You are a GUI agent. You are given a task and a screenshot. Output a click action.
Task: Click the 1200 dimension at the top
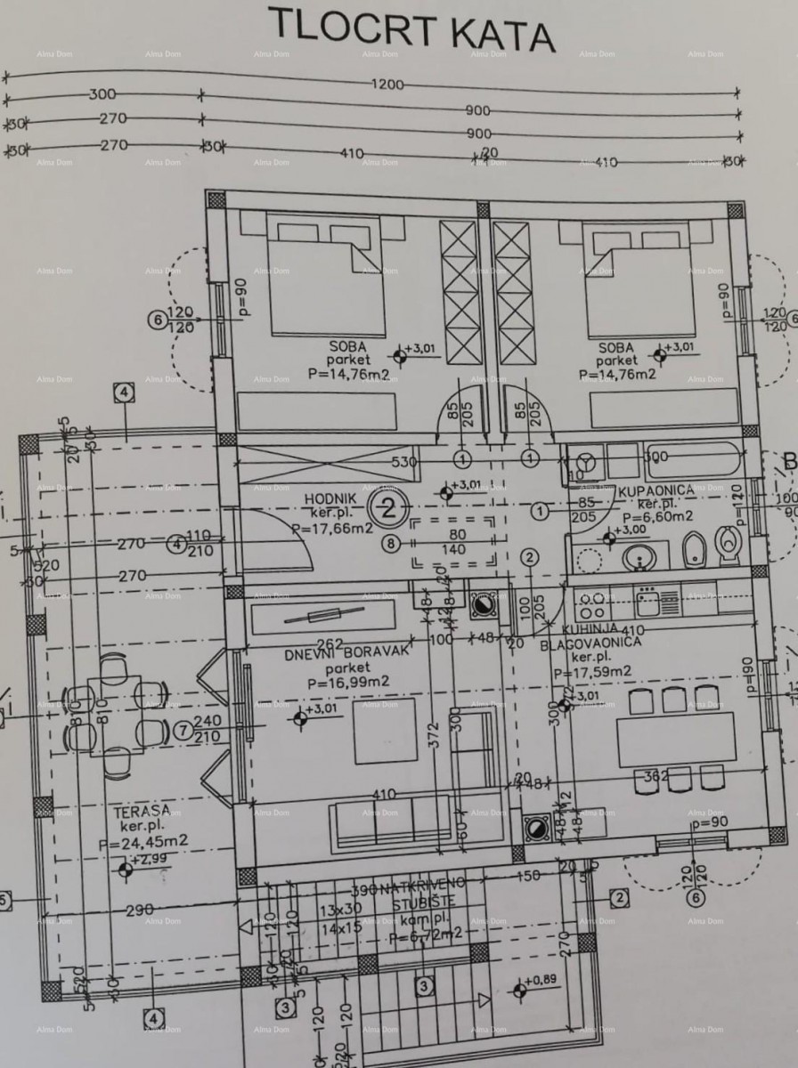tap(388, 85)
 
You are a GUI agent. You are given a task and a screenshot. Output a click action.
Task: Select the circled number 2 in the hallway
tap(388, 508)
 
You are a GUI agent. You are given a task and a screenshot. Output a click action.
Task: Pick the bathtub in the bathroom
tap(691, 458)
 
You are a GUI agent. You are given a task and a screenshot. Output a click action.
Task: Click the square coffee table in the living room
tap(385, 732)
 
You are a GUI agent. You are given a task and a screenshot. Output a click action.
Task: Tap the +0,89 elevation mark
tap(540, 982)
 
